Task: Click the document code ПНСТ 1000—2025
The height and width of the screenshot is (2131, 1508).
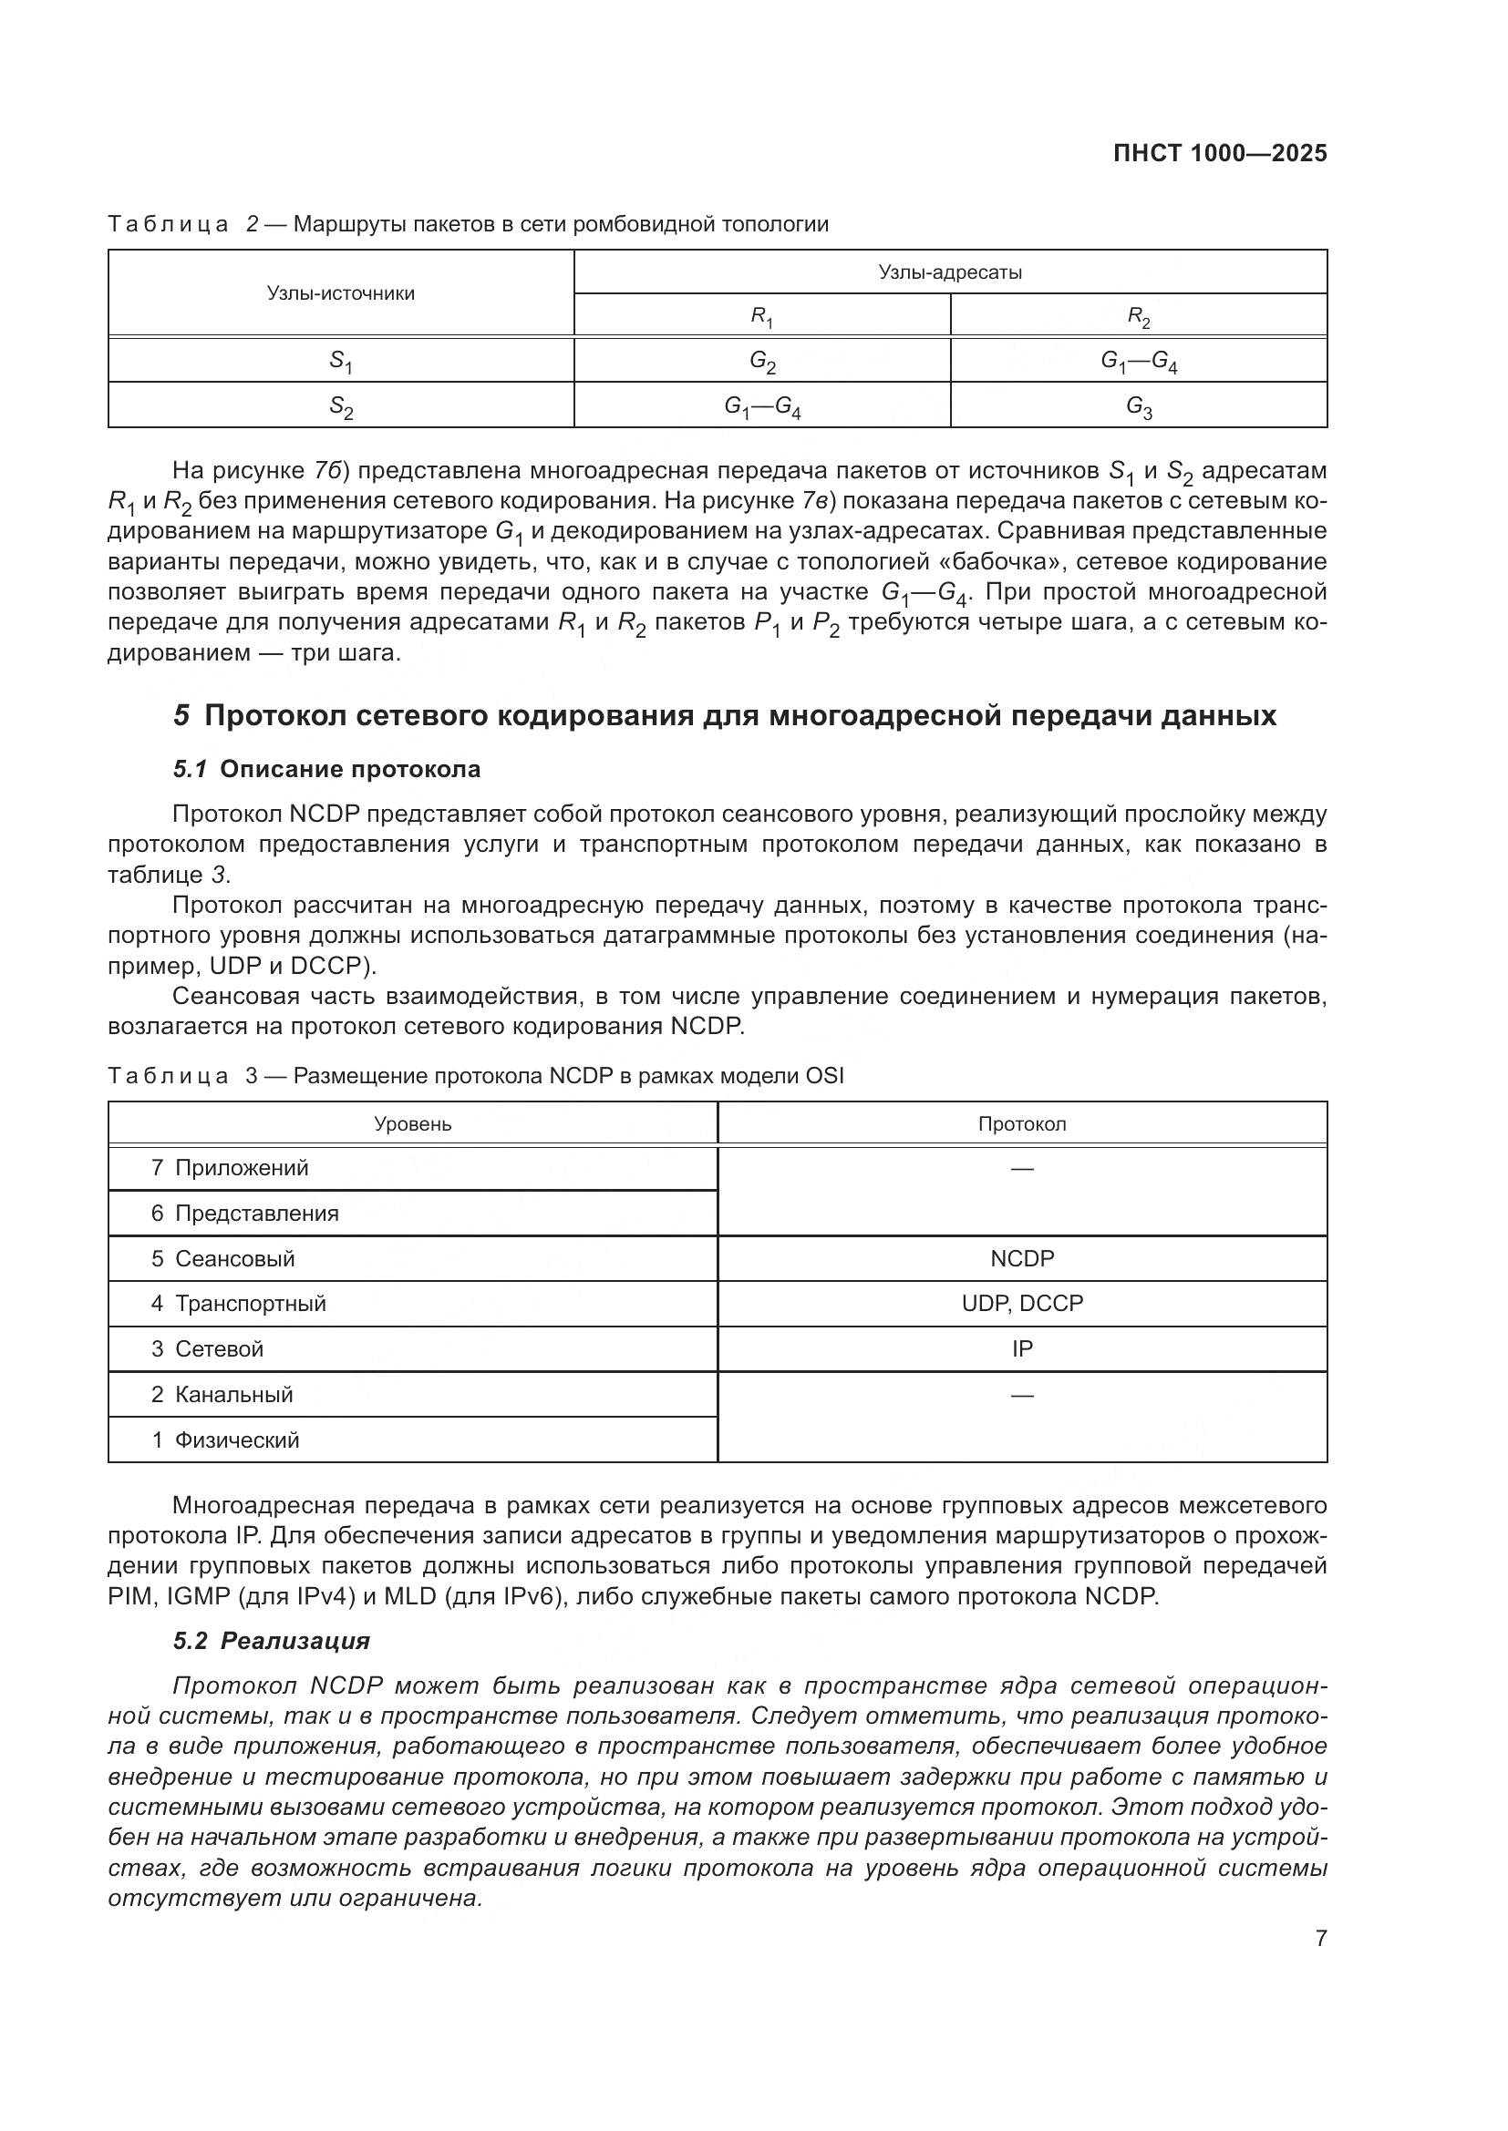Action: click(1219, 154)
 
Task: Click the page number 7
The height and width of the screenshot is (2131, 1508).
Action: click(1320, 1938)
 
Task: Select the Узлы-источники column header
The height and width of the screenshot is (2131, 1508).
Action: click(341, 293)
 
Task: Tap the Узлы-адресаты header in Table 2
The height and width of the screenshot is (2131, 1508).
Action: click(950, 271)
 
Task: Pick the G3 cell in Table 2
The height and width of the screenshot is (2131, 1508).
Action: click(1139, 405)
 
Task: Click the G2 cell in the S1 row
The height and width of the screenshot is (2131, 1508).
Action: click(762, 361)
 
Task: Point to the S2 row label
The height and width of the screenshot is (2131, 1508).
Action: click(341, 406)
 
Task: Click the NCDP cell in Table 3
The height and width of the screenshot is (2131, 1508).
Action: click(1021, 1258)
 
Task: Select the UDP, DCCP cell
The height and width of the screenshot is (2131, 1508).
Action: click(1021, 1303)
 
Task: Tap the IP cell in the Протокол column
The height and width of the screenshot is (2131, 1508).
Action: click(1021, 1348)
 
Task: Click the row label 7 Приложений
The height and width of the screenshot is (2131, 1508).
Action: click(231, 1168)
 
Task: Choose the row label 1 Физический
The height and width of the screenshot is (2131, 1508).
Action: click(225, 1439)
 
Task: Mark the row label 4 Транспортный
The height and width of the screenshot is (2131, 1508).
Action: click(239, 1303)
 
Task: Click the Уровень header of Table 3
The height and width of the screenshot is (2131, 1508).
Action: click(412, 1124)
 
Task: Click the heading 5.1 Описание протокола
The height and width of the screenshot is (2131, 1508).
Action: click(327, 769)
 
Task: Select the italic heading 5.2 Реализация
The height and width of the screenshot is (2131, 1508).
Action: click(271, 1641)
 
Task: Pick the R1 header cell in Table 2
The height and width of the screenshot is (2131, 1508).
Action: click(761, 316)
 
